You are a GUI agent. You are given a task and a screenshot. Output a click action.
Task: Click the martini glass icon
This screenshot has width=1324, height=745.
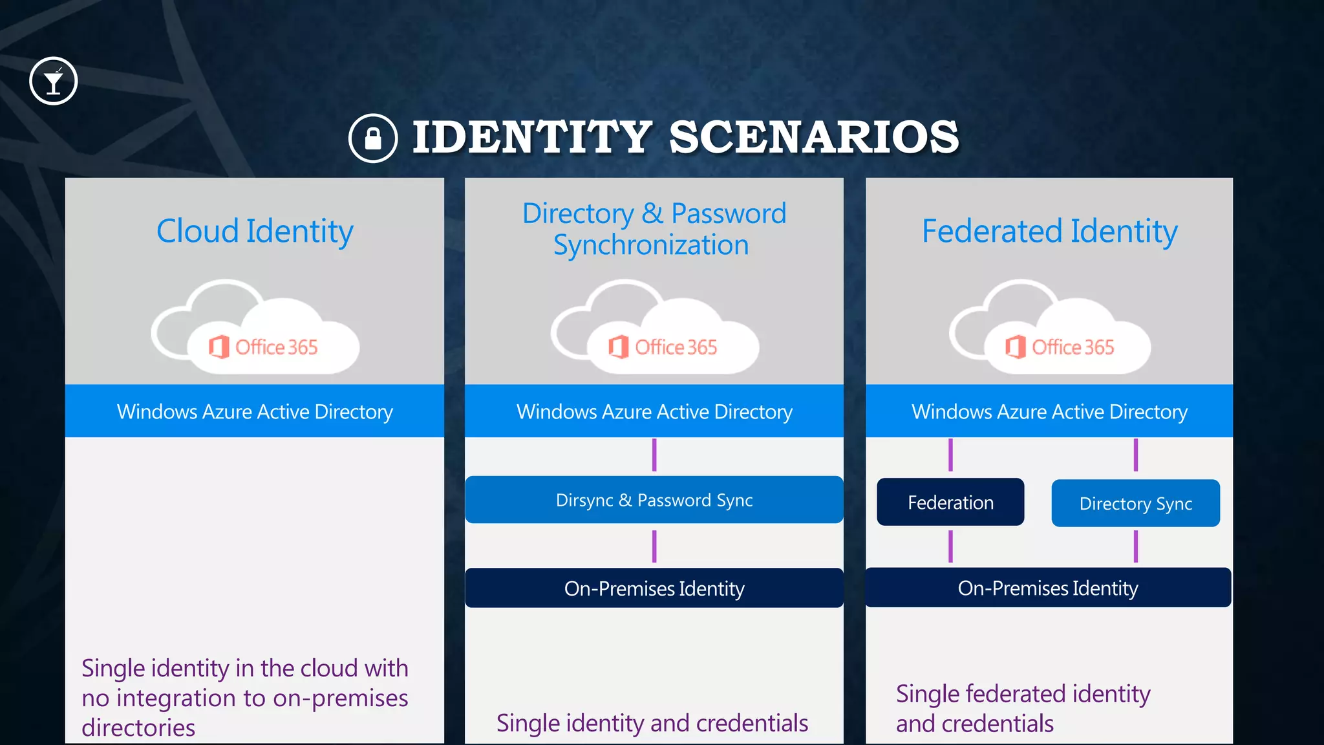tap(54, 81)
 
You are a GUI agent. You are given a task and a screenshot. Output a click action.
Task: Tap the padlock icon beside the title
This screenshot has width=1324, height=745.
tap(373, 138)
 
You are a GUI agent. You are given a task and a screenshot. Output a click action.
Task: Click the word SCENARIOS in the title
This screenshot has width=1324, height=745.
tap(814, 138)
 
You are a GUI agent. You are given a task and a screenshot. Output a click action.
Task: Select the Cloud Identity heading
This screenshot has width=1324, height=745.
tap(255, 232)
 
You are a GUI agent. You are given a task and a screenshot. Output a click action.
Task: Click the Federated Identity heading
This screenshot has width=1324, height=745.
tap(1049, 232)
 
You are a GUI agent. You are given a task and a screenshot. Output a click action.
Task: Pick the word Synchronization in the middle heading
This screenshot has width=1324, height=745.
tap(651, 246)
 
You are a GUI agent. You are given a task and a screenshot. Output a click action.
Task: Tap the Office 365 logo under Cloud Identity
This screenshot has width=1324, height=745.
tap(264, 347)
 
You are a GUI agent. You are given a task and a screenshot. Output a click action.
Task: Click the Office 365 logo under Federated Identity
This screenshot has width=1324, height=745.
tap(1060, 347)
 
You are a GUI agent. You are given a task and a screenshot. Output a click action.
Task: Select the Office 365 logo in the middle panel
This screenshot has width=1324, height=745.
tap(663, 347)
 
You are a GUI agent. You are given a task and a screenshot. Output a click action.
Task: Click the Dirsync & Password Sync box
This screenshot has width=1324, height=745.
tap(654, 500)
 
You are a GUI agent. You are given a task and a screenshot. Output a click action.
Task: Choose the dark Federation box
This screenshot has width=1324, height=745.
tap(950, 502)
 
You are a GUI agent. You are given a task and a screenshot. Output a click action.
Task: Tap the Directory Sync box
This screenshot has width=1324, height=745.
tap(1135, 503)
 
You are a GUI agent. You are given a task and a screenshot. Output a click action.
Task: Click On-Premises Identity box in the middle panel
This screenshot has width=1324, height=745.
tap(654, 588)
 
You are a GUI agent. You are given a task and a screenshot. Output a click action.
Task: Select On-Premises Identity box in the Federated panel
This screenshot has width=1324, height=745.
tap(1048, 588)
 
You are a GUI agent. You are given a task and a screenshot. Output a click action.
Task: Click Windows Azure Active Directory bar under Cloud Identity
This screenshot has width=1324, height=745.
tap(255, 411)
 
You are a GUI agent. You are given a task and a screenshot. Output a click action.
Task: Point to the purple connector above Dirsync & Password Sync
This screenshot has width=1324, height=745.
tap(654, 455)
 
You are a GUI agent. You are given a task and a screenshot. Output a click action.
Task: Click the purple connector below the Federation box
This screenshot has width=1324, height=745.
tap(950, 546)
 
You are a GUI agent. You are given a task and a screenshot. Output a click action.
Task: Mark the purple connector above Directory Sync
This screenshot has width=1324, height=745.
tap(1135, 455)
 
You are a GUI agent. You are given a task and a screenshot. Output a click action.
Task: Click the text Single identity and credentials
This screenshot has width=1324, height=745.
tap(652, 723)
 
